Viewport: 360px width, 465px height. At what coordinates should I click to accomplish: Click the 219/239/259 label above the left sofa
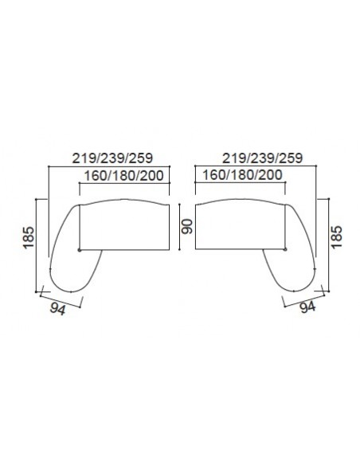(112, 158)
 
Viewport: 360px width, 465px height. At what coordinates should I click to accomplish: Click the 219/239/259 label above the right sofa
(263, 158)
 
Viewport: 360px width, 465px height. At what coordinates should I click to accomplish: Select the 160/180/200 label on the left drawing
(124, 175)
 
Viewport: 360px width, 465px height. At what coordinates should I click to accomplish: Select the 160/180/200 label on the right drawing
(242, 175)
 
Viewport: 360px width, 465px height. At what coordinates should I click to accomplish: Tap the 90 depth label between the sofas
(187, 227)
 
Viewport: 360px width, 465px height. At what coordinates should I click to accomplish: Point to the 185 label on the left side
(29, 237)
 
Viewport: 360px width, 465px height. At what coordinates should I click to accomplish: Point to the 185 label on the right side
(337, 237)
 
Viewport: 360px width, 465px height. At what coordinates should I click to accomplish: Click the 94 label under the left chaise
(57, 310)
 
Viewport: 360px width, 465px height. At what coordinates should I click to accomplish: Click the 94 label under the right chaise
(307, 307)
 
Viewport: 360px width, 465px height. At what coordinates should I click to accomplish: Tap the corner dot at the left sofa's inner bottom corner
(79, 250)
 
